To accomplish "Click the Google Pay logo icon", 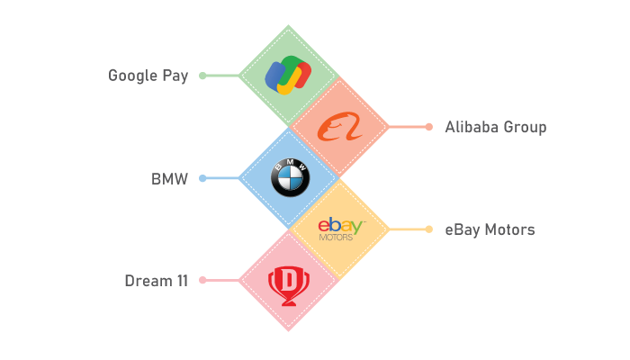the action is point(288,75).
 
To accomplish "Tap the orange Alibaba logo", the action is point(339,127).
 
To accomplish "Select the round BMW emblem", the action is point(290,177).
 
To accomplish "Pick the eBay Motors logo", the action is point(341,229).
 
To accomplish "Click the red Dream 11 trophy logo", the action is point(289,286).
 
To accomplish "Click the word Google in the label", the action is point(132,76).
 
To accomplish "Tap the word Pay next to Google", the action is point(175,76).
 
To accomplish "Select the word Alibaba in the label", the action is point(472,127).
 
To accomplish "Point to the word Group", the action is point(525,128).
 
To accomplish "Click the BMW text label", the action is point(169,179).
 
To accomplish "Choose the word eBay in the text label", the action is point(463,230).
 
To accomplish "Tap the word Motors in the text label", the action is point(510,229).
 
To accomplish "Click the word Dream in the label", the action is point(148,281).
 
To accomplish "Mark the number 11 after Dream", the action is point(183,281).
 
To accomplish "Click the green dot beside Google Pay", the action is point(202,76).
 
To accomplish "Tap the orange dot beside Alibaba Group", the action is point(429,127).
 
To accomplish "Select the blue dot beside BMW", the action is point(202,178).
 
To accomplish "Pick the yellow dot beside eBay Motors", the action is point(429,229).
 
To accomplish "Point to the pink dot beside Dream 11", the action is point(202,281).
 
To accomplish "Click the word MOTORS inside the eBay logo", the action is point(336,238).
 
